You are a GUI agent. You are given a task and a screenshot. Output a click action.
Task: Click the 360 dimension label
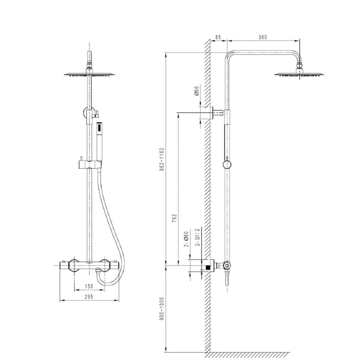point(263,37)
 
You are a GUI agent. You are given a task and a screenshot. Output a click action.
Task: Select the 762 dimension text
point(175,218)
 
